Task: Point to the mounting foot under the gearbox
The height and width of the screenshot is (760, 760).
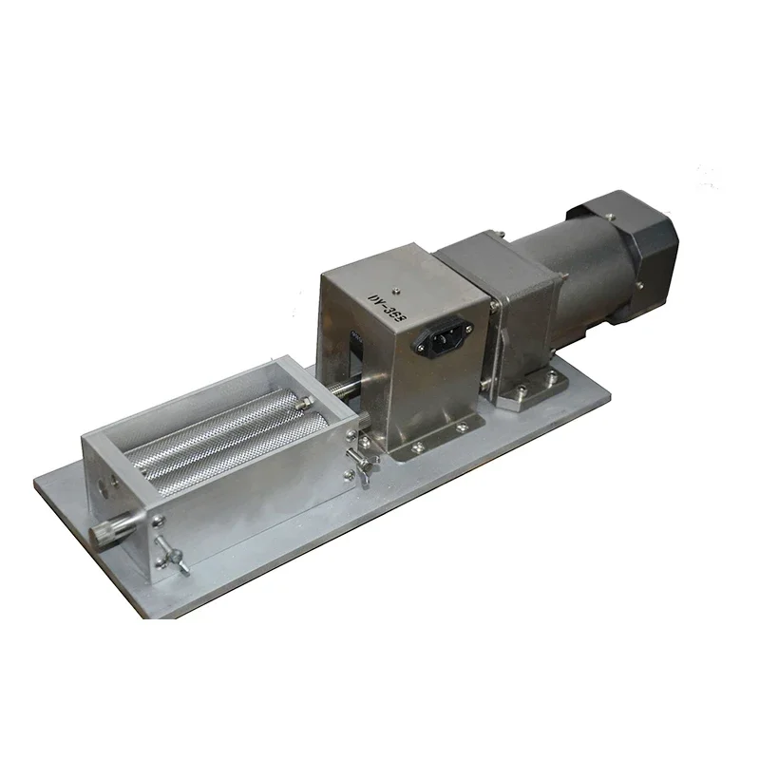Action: [x=528, y=390]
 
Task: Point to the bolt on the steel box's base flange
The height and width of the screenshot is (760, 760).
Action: [x=415, y=444]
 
